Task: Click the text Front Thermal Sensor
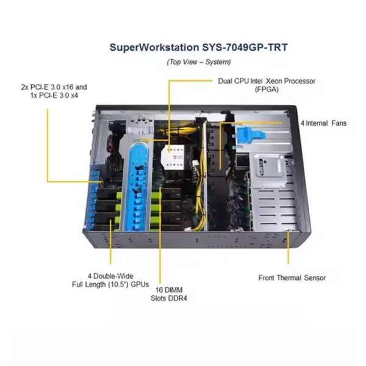point(292,278)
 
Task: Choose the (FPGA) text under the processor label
point(265,89)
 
